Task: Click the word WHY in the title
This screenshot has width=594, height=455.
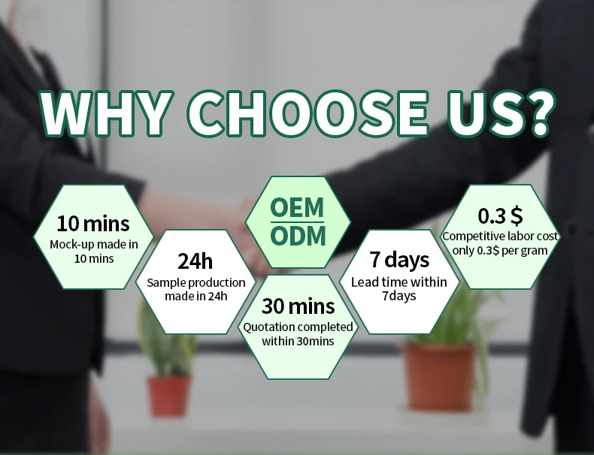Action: tap(105, 113)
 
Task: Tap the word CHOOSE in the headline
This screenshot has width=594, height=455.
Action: tap(308, 113)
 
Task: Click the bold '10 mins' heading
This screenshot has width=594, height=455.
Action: tap(93, 224)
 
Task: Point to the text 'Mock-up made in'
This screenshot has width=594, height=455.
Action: tap(93, 245)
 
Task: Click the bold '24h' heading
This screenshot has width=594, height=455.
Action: tap(195, 261)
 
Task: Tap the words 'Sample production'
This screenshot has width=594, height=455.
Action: tap(195, 282)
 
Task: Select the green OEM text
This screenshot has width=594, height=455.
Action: tap(298, 208)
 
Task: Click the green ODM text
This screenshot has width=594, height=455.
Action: tap(298, 236)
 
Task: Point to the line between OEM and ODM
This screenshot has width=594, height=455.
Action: tap(298, 222)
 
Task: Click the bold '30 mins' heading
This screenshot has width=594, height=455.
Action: tap(299, 306)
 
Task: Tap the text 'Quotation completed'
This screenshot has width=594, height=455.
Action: tap(299, 327)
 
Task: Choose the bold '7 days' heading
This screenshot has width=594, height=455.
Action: tap(399, 260)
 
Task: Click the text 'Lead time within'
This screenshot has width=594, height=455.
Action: tap(399, 282)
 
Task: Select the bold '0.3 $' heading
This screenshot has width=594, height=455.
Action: tap(500, 216)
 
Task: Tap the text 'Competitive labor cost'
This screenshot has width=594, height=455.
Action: tap(500, 237)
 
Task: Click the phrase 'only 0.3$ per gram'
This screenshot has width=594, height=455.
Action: tap(500, 250)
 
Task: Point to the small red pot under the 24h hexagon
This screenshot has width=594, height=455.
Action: tap(168, 396)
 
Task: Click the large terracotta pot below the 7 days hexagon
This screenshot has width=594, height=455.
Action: tap(438, 376)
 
